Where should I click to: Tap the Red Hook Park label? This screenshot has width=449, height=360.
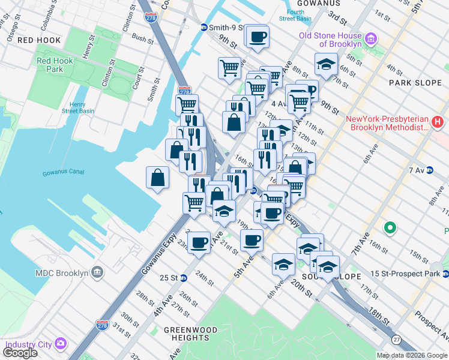coord(55,65)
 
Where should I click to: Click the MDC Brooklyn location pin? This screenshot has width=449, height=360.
coord(97,274)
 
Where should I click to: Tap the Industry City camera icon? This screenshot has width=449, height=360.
coord(61,344)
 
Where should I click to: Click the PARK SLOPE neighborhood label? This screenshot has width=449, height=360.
coord(415,82)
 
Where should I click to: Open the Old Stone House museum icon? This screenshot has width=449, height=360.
coord(371,40)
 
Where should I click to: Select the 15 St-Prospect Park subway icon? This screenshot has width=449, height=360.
coord(445,274)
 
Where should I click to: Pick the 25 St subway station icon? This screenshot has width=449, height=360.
coord(184,278)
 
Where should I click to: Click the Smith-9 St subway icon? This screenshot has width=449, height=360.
coord(204,28)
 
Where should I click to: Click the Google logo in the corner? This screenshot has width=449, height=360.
coord(20,353)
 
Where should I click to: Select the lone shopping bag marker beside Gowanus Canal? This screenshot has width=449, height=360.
coord(157,178)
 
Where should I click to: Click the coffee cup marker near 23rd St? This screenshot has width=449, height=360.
coord(199,242)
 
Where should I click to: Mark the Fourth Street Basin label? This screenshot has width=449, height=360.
coord(294,15)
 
